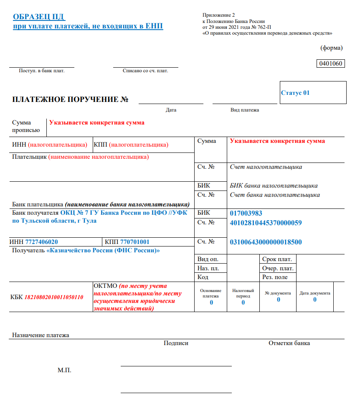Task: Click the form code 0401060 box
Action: pyautogui.click(x=331, y=64)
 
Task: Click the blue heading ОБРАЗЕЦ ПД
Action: pyautogui.click(x=39, y=17)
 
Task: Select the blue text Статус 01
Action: pyautogui.click(x=295, y=93)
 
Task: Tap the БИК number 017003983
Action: pyautogui.click(x=246, y=213)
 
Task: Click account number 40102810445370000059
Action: pyautogui.click(x=266, y=223)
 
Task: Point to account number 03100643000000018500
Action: pyautogui.click(x=266, y=242)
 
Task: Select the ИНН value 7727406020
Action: pyautogui.click(x=41, y=242)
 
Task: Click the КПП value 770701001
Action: pyautogui.click(x=134, y=242)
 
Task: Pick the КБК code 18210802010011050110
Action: pyautogui.click(x=54, y=297)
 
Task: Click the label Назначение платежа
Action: pyautogui.click(x=41, y=335)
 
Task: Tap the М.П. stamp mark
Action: pyautogui.click(x=64, y=370)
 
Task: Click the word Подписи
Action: pyautogui.click(x=176, y=343)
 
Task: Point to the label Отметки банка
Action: pyautogui.click(x=289, y=343)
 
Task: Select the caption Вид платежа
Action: pyautogui.click(x=245, y=110)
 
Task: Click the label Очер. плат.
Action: pyautogui.click(x=278, y=268)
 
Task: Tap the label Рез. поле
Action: pyautogui.click(x=275, y=277)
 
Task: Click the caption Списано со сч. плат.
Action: pyautogui.click(x=145, y=71)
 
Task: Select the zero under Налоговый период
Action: pyautogui.click(x=243, y=302)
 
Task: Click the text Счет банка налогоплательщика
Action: pyautogui.click(x=275, y=195)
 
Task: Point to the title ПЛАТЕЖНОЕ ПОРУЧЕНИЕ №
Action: pyautogui.click(x=70, y=99)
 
